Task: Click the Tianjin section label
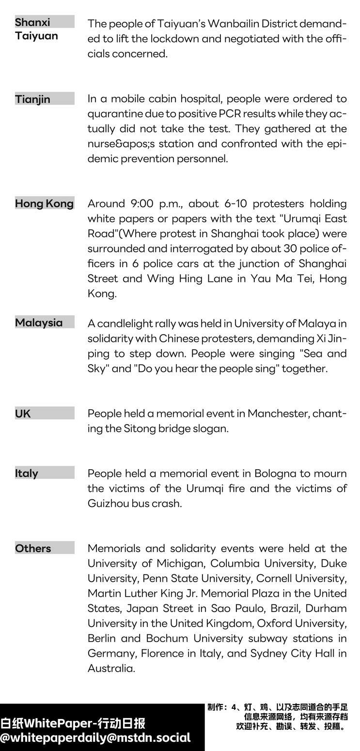(32, 99)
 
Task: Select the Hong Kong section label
(44, 203)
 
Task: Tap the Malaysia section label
(39, 322)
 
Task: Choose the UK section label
(23, 414)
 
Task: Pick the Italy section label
(27, 474)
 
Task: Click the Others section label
(33, 549)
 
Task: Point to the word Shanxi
(32, 22)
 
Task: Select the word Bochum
(168, 638)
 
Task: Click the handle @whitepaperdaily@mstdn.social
(95, 738)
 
